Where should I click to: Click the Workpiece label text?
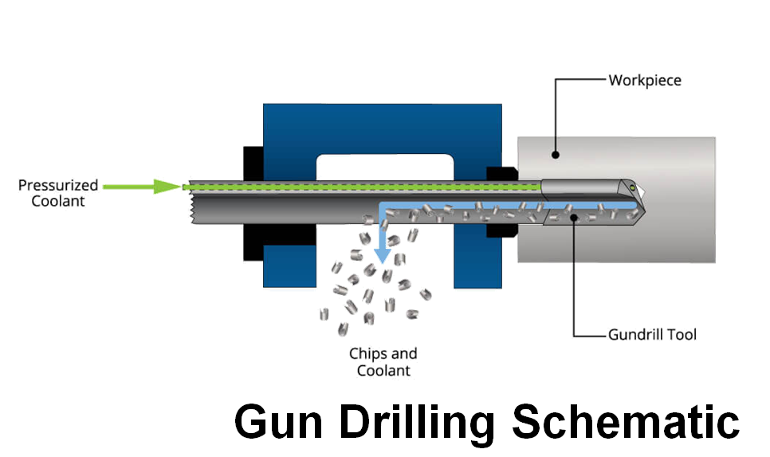(x=644, y=81)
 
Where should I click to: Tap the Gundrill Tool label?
(x=652, y=334)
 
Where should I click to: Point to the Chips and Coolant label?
(x=383, y=361)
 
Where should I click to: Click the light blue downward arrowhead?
(x=384, y=256)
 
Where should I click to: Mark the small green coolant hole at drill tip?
(x=632, y=187)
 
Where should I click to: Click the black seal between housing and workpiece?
(x=501, y=172)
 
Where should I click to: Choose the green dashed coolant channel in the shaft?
(x=359, y=187)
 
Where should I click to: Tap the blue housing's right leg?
(x=476, y=263)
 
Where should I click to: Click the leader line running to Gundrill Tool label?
(x=576, y=279)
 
